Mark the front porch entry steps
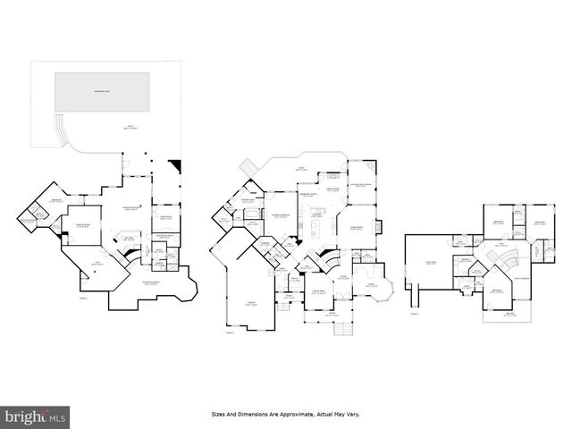pos(341,329)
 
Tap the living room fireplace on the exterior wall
pos(380,225)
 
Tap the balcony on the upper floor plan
pos(509,314)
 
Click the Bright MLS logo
pos(37,416)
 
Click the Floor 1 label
pos(84,298)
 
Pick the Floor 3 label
pos(414,314)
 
